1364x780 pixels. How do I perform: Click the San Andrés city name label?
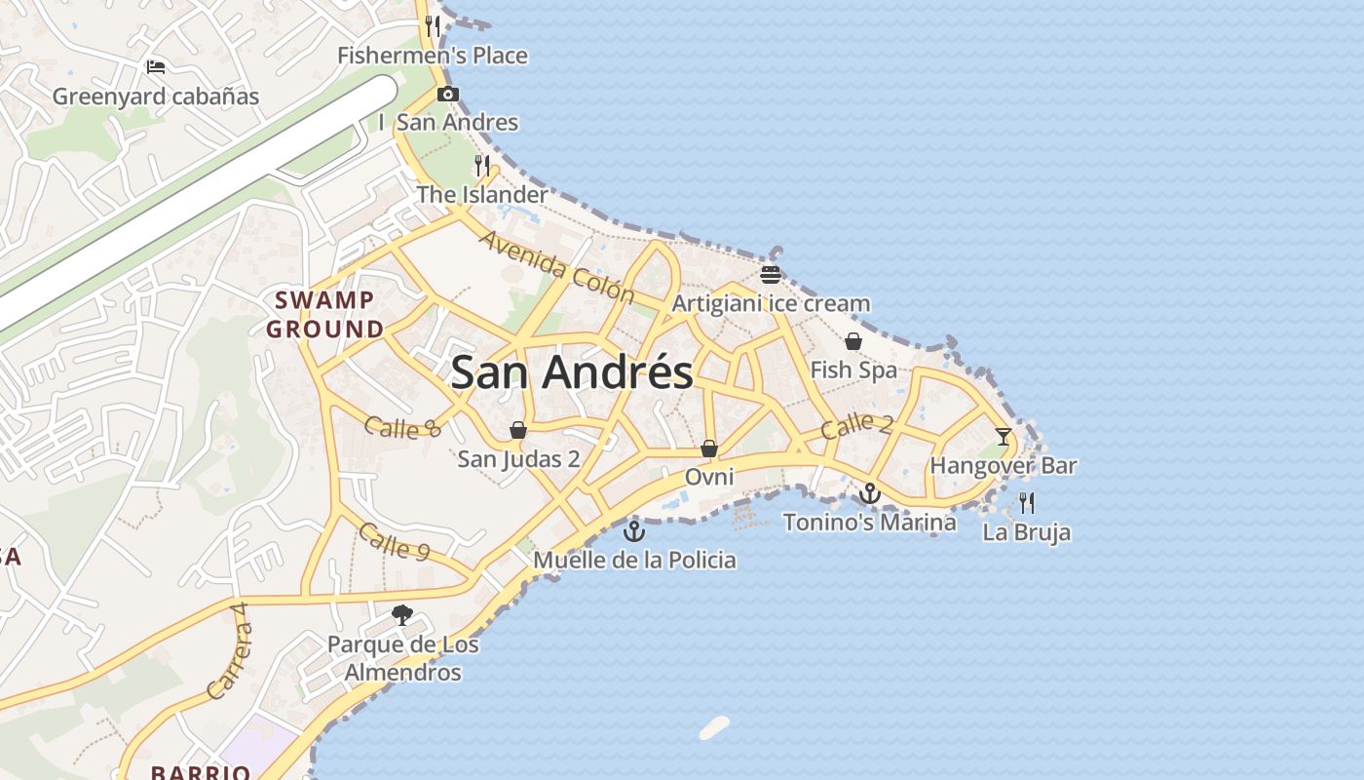572,372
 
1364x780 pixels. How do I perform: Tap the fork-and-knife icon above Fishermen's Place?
433,25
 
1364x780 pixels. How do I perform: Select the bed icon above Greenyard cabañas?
156,67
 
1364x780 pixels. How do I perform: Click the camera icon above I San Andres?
447,95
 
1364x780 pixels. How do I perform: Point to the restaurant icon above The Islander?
482,165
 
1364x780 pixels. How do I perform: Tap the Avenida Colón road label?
556,266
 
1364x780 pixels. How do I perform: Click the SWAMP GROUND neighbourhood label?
325,314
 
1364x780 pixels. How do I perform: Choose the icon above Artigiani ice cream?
771,274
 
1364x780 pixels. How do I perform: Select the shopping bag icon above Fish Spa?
853,341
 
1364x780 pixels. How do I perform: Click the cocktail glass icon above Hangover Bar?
1004,436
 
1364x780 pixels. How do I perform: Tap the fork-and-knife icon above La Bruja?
1026,503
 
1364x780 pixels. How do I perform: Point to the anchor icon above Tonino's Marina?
869,493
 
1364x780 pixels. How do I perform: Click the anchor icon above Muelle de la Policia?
634,531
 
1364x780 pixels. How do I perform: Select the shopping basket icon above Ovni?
709,448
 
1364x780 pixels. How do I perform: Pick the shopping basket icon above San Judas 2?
518,430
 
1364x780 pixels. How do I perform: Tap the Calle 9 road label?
394,541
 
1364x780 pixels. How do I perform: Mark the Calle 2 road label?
856,425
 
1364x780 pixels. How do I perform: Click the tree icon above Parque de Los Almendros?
402,614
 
